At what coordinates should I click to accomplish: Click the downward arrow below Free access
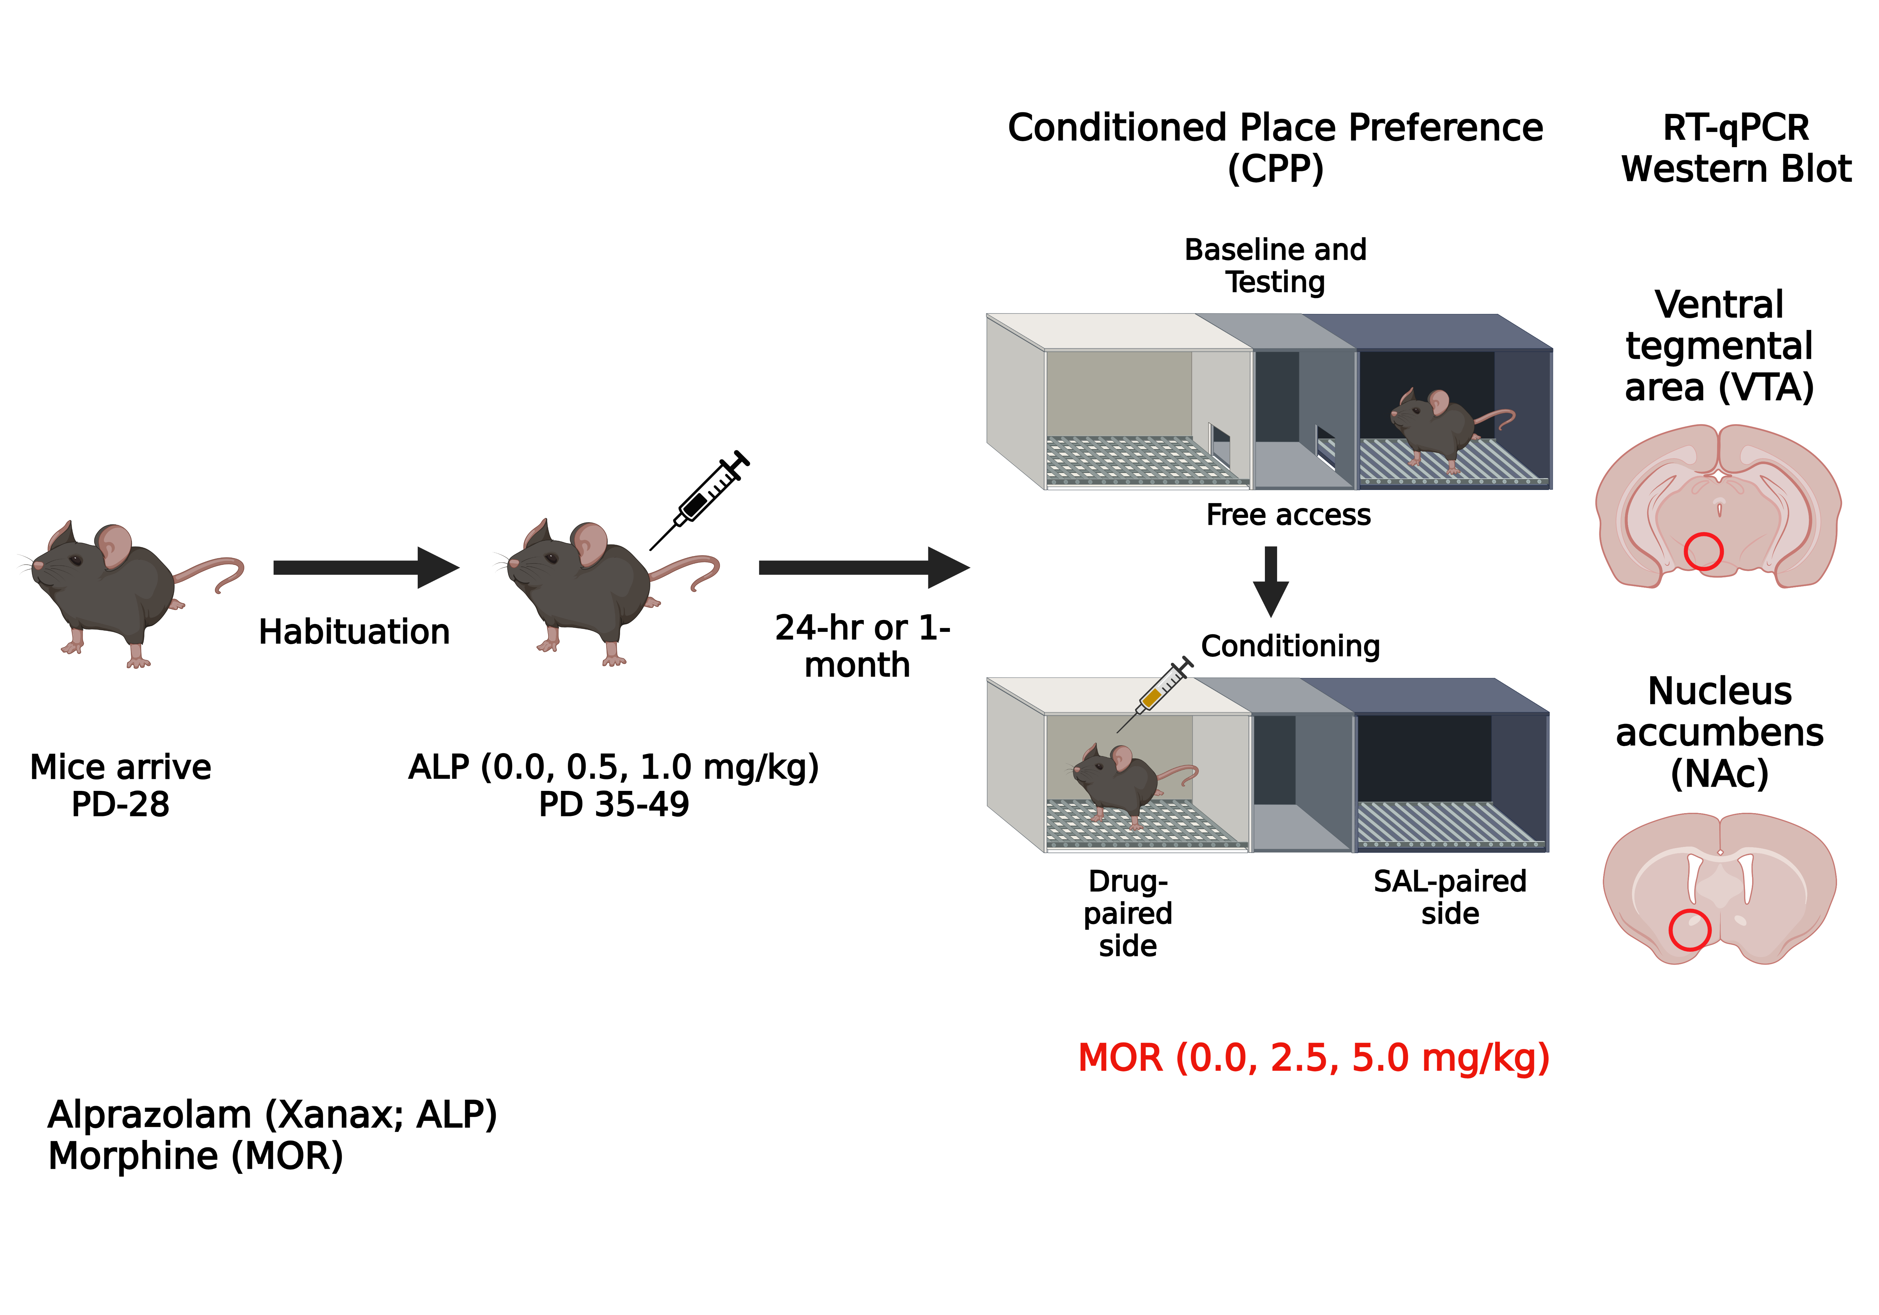[1271, 581]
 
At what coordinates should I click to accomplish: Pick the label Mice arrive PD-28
[120, 786]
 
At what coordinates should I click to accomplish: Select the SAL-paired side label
[1449, 897]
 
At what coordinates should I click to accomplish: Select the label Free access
[1288, 515]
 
